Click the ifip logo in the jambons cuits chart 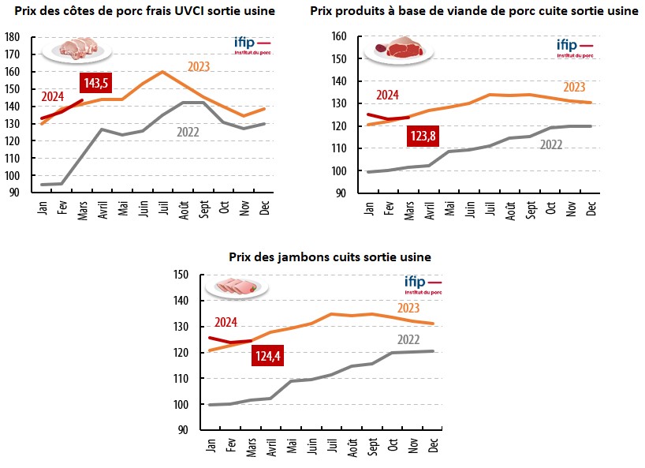pyautogui.click(x=422, y=284)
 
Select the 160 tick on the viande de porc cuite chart pyautogui.click(x=340, y=36)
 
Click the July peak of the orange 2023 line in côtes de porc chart pyautogui.click(x=162, y=72)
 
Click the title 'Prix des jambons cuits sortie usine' pyautogui.click(x=330, y=257)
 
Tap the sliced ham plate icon pyautogui.click(x=236, y=286)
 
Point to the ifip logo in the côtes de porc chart pyautogui.click(x=252, y=44)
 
